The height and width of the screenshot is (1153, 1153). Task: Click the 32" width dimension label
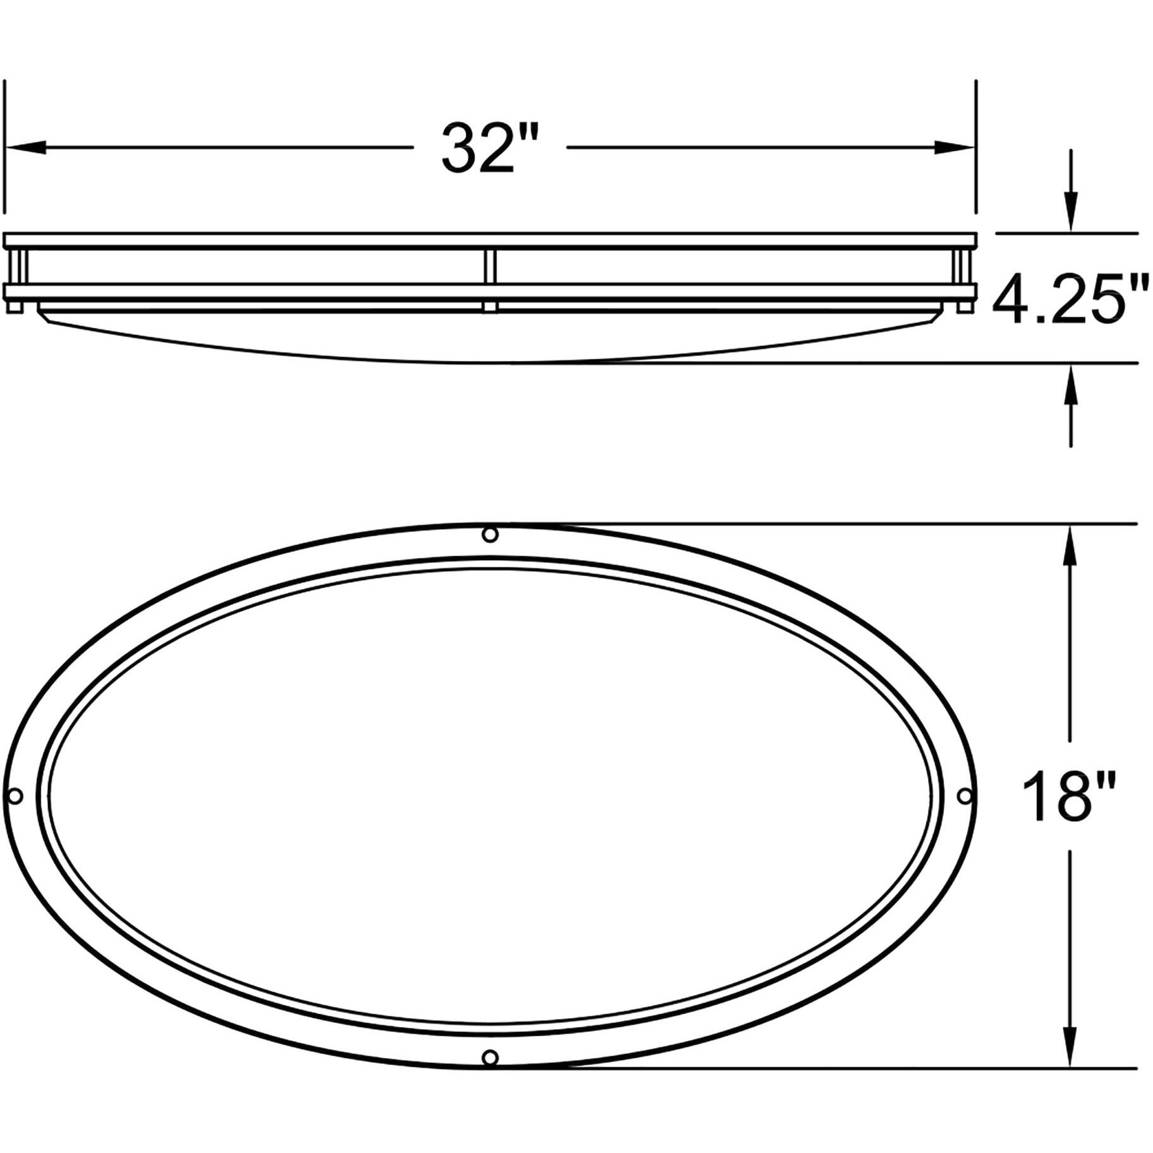[x=479, y=149]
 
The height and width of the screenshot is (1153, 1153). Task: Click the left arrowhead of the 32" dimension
[x=25, y=148]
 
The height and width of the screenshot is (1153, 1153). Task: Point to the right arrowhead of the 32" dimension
[x=955, y=148]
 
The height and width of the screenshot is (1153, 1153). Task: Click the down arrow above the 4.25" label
[x=1070, y=212]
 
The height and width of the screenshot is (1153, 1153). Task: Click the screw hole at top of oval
[x=490, y=535]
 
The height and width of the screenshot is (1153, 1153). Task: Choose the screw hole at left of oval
[x=15, y=796]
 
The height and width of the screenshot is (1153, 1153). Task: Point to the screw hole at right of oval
[x=965, y=796]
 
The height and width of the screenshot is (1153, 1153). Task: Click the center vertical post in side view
[x=491, y=267]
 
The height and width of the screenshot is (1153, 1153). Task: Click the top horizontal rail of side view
[x=491, y=241]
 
